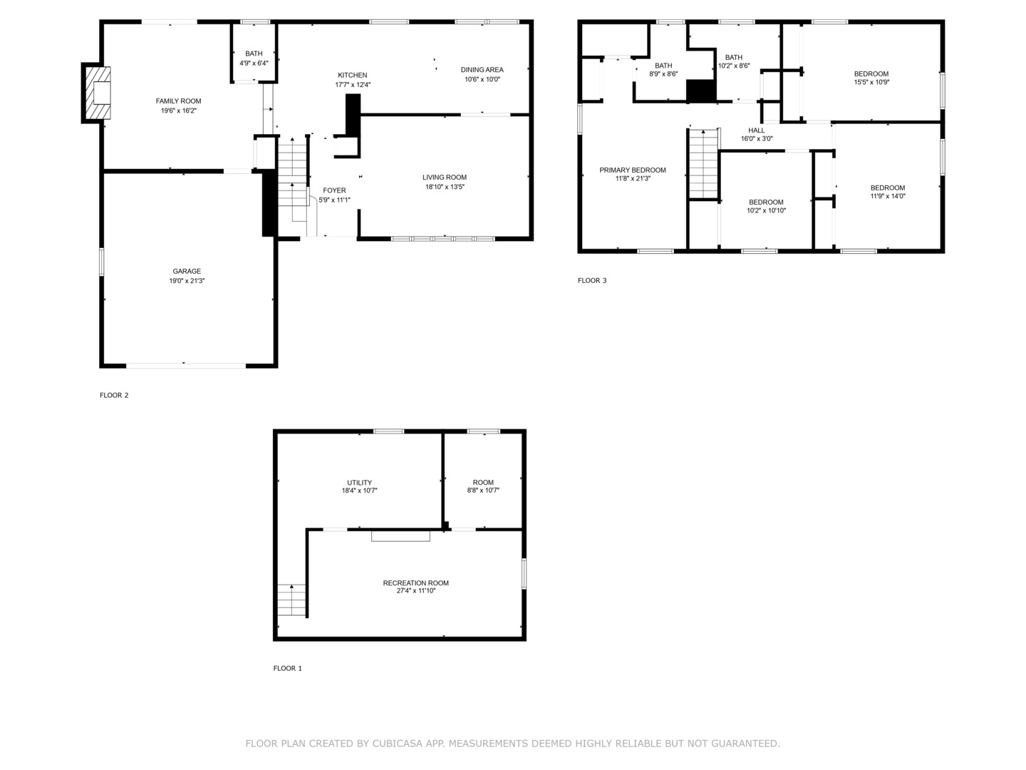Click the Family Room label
tap(178, 101)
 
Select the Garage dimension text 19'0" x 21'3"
tap(187, 281)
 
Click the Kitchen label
tap(353, 76)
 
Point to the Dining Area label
tap(482, 70)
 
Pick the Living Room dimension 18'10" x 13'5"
tap(445, 187)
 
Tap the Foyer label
tap(334, 190)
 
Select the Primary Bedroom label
tap(633, 170)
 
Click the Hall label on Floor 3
tap(756, 130)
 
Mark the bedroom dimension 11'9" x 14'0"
tap(888, 196)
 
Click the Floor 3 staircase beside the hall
tap(703, 164)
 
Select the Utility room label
tap(359, 483)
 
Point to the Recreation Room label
tap(415, 583)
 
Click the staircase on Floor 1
tap(291, 600)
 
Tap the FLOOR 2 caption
tap(114, 395)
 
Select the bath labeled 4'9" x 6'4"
tap(254, 53)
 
